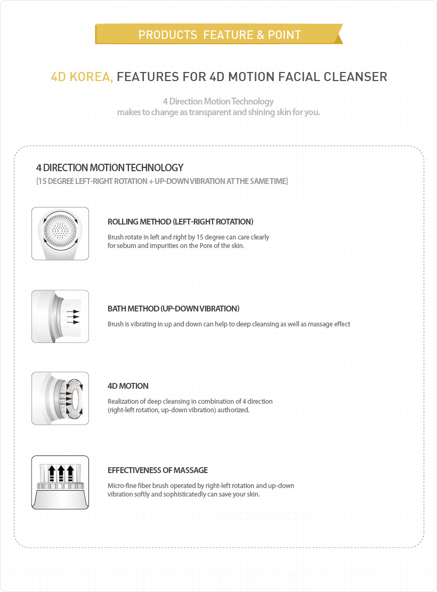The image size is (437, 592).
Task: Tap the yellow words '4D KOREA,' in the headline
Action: pyautogui.click(x=82, y=77)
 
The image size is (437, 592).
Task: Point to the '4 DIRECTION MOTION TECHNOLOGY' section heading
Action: pyautogui.click(x=110, y=167)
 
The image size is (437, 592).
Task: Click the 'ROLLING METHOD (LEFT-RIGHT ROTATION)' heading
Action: pyautogui.click(x=180, y=221)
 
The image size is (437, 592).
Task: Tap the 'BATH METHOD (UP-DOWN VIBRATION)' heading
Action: pyautogui.click(x=173, y=309)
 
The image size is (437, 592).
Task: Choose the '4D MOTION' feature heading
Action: pyautogui.click(x=128, y=386)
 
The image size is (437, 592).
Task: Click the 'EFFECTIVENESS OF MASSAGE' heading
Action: pyautogui.click(x=158, y=470)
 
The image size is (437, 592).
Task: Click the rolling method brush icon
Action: pyautogui.click(x=60, y=234)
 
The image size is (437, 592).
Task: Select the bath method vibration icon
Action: pyautogui.click(x=60, y=316)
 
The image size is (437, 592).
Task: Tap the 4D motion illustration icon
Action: pyautogui.click(x=60, y=398)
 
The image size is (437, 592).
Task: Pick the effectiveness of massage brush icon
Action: pyautogui.click(x=60, y=482)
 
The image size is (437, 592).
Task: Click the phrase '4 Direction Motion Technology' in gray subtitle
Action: pyautogui.click(x=218, y=101)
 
